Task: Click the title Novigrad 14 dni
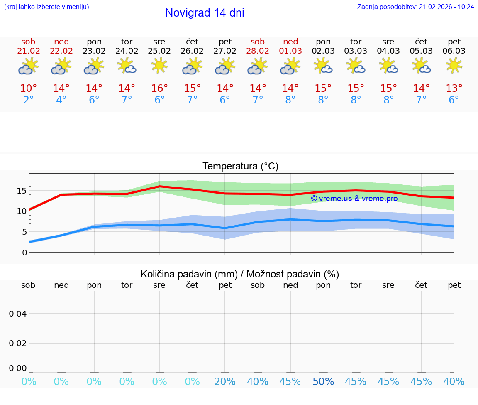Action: (x=205, y=13)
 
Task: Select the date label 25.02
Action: (x=159, y=51)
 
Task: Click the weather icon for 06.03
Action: (x=454, y=66)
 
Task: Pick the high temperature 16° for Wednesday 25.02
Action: (x=159, y=88)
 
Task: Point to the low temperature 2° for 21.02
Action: (x=28, y=100)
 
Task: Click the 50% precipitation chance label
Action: (x=323, y=382)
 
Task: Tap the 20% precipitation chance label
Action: (x=225, y=382)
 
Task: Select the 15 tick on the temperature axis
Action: (x=22, y=191)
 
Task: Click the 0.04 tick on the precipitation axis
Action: (x=18, y=314)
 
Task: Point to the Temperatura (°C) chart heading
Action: (x=240, y=167)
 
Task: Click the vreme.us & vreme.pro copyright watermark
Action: (x=354, y=199)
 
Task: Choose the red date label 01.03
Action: (x=290, y=51)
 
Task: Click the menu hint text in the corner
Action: (x=46, y=7)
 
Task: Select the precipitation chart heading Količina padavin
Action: (x=240, y=274)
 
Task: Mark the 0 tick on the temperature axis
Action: (x=24, y=253)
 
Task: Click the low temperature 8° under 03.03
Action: (x=356, y=100)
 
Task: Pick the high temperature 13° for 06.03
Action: (x=454, y=88)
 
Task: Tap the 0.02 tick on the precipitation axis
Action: (x=18, y=343)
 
